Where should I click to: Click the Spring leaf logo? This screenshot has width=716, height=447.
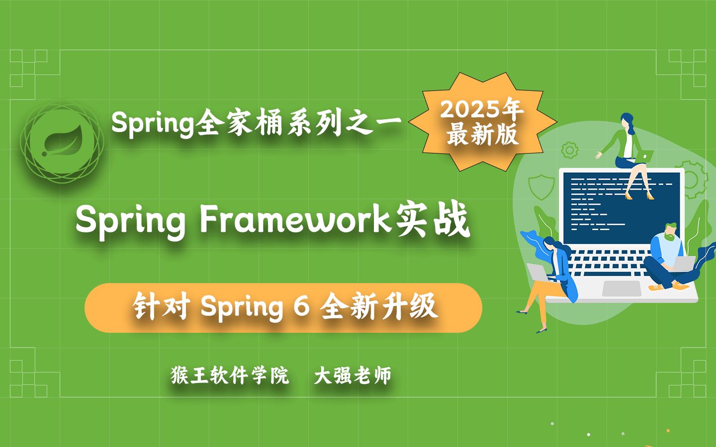click(62, 142)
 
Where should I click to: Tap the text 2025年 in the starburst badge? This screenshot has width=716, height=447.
click(481, 109)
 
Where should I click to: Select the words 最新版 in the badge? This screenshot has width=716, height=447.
click(482, 135)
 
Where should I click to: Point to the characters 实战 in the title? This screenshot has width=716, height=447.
click(433, 220)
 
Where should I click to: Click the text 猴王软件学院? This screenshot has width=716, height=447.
click(230, 375)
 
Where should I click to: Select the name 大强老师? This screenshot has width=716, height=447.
click(353, 375)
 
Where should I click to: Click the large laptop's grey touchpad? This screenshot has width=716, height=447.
click(622, 289)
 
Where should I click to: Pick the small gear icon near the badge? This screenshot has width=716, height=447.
click(569, 149)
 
